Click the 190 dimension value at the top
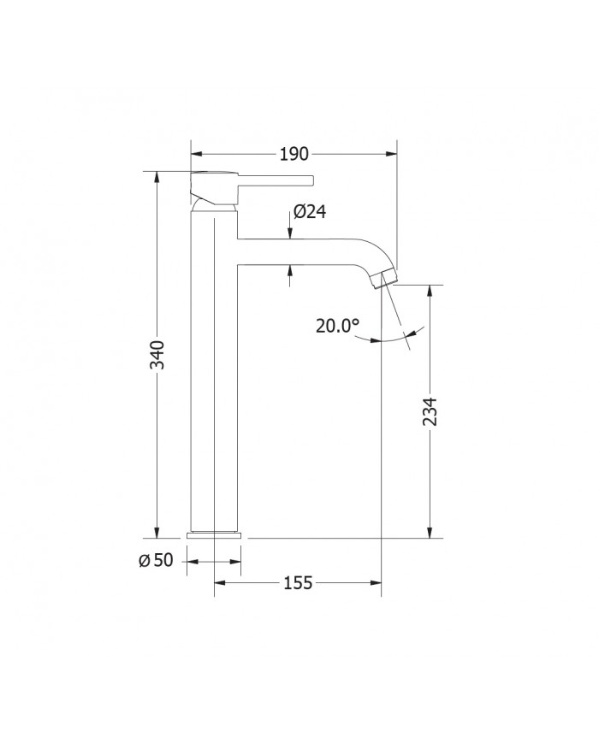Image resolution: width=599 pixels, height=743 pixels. coord(294,154)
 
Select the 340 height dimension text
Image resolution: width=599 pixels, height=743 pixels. coord(157,354)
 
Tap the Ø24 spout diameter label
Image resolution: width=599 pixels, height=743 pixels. coord(310,212)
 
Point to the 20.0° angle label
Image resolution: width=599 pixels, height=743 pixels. coord(337,326)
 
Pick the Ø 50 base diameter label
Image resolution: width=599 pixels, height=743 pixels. coord(156,560)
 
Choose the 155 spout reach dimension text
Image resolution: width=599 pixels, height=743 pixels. coord(295,583)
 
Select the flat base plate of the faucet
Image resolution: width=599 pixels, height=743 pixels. coord(214,534)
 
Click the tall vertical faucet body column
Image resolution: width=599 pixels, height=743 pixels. coord(213,376)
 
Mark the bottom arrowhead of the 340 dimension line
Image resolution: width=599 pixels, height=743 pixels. coord(157,532)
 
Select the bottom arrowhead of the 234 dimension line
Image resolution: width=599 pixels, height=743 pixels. coord(430,533)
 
